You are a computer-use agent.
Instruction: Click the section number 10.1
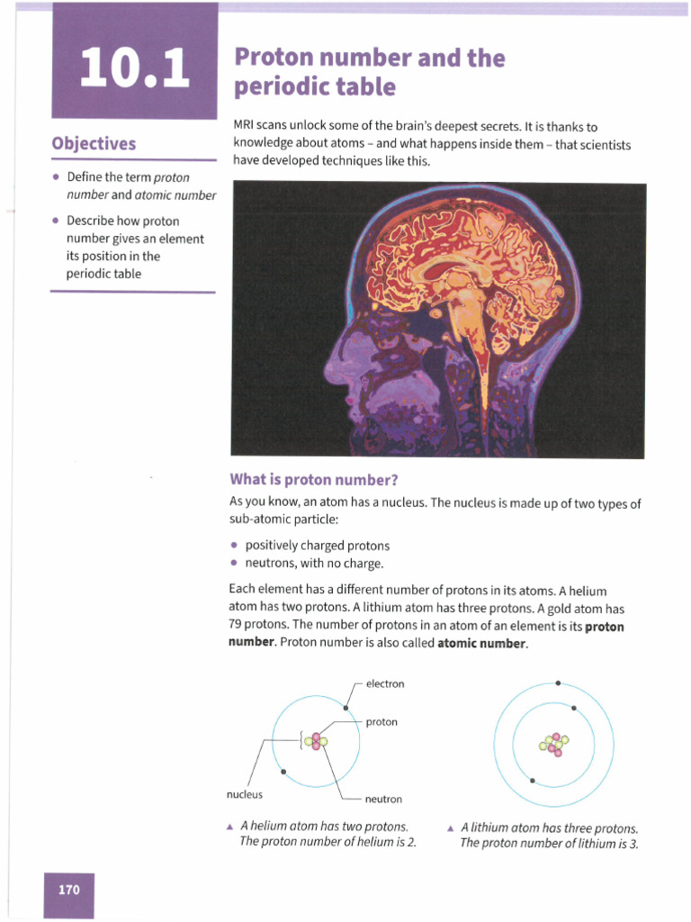pyautogui.click(x=135, y=68)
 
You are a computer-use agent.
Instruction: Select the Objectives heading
pyautogui.click(x=94, y=144)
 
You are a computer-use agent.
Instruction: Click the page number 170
pyautogui.click(x=69, y=890)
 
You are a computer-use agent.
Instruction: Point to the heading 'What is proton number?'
pyautogui.click(x=314, y=479)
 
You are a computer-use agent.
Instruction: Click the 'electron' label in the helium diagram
pyautogui.click(x=385, y=684)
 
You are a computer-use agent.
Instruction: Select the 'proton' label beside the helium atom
pyautogui.click(x=381, y=722)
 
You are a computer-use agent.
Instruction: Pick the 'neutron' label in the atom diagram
pyautogui.click(x=383, y=800)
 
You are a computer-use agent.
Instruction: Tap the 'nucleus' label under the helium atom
pyautogui.click(x=244, y=795)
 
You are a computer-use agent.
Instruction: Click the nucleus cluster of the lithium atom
pyautogui.click(x=553, y=745)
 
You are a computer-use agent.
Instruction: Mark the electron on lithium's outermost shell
pyautogui.click(x=558, y=683)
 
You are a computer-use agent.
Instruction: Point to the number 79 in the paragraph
pyautogui.click(x=237, y=626)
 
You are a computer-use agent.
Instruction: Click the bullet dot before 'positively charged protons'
pyautogui.click(x=234, y=546)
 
